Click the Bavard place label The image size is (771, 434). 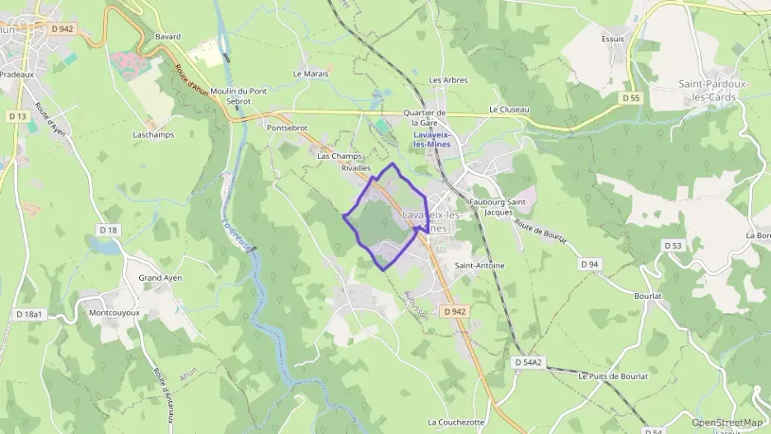(x=167, y=37)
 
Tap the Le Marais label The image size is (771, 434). (x=311, y=73)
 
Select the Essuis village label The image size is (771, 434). (x=612, y=39)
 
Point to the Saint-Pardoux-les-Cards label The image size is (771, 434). (x=718, y=90)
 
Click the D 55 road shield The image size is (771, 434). (x=631, y=98)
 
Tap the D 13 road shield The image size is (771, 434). (x=17, y=116)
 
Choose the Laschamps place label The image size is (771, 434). (x=153, y=134)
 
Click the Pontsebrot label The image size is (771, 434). (x=287, y=128)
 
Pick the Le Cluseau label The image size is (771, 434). (x=509, y=109)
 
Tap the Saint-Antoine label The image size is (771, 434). (x=479, y=266)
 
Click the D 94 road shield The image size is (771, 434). (x=588, y=264)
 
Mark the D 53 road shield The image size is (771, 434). (x=672, y=245)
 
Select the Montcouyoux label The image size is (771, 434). (x=114, y=314)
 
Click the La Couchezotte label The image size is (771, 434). (x=456, y=422)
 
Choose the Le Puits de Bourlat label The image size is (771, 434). (x=613, y=376)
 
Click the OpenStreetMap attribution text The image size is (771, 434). (x=727, y=423)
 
